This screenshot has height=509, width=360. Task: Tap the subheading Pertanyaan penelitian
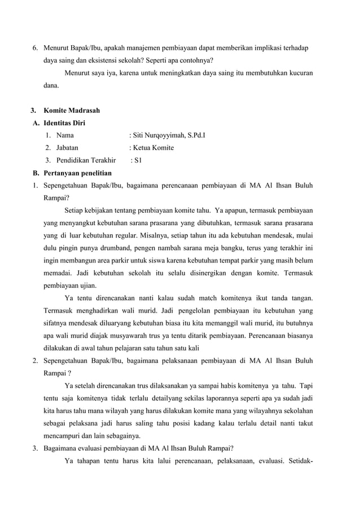point(78,173)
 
